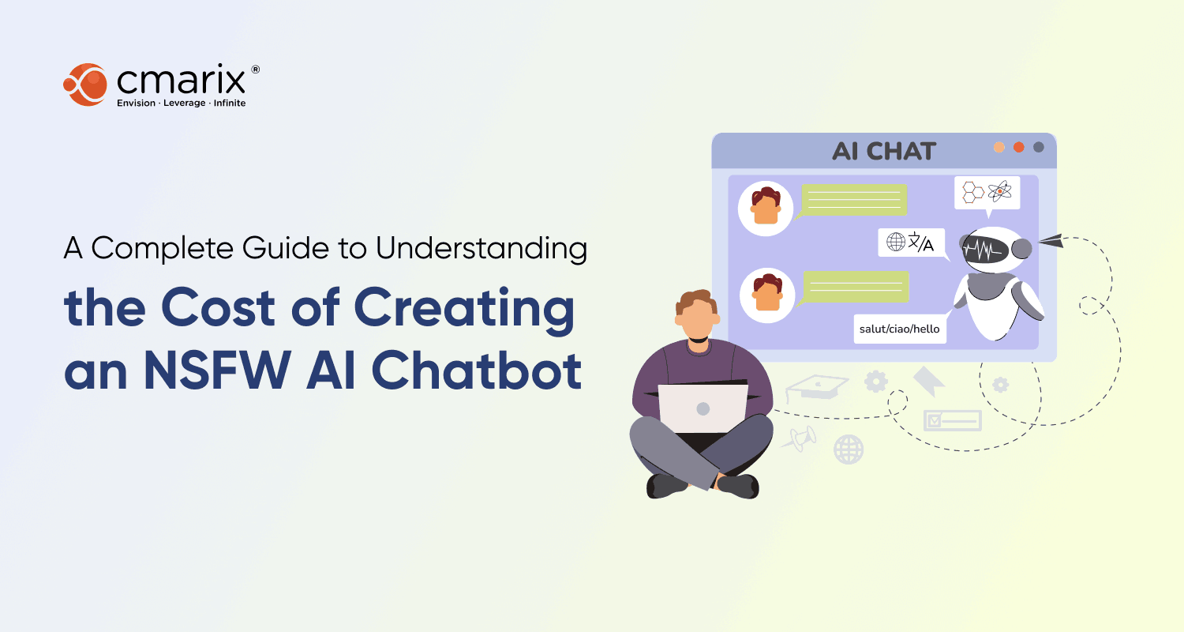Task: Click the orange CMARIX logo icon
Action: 84,84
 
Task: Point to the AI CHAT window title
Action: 884,151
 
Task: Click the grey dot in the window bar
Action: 1039,147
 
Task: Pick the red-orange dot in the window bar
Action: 1019,147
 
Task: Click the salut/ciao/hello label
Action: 899,329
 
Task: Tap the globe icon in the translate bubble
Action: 896,242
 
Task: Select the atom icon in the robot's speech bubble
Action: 1000,191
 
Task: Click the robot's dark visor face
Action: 984,251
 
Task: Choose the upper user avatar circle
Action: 765,209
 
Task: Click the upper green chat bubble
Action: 854,200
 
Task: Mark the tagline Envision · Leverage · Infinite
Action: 181,103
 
